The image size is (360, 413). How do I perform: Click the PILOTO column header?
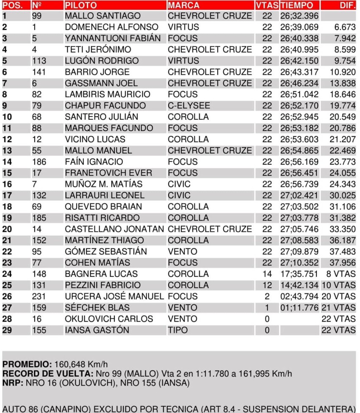[81, 6]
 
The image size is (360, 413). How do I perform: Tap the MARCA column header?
[183, 6]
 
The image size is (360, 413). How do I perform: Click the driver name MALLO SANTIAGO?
[102, 16]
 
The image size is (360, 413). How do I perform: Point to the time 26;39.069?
[299, 27]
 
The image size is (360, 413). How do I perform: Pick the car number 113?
[39, 61]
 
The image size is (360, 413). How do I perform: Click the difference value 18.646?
[343, 94]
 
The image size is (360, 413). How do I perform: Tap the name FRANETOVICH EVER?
[108, 173]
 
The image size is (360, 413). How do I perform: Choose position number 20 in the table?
[7, 229]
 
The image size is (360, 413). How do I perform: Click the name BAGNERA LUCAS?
[101, 274]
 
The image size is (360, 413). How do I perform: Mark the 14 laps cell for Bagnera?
[267, 274]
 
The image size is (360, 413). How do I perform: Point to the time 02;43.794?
[299, 296]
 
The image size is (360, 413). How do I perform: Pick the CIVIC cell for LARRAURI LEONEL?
[179, 195]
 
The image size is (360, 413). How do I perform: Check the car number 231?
[39, 296]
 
